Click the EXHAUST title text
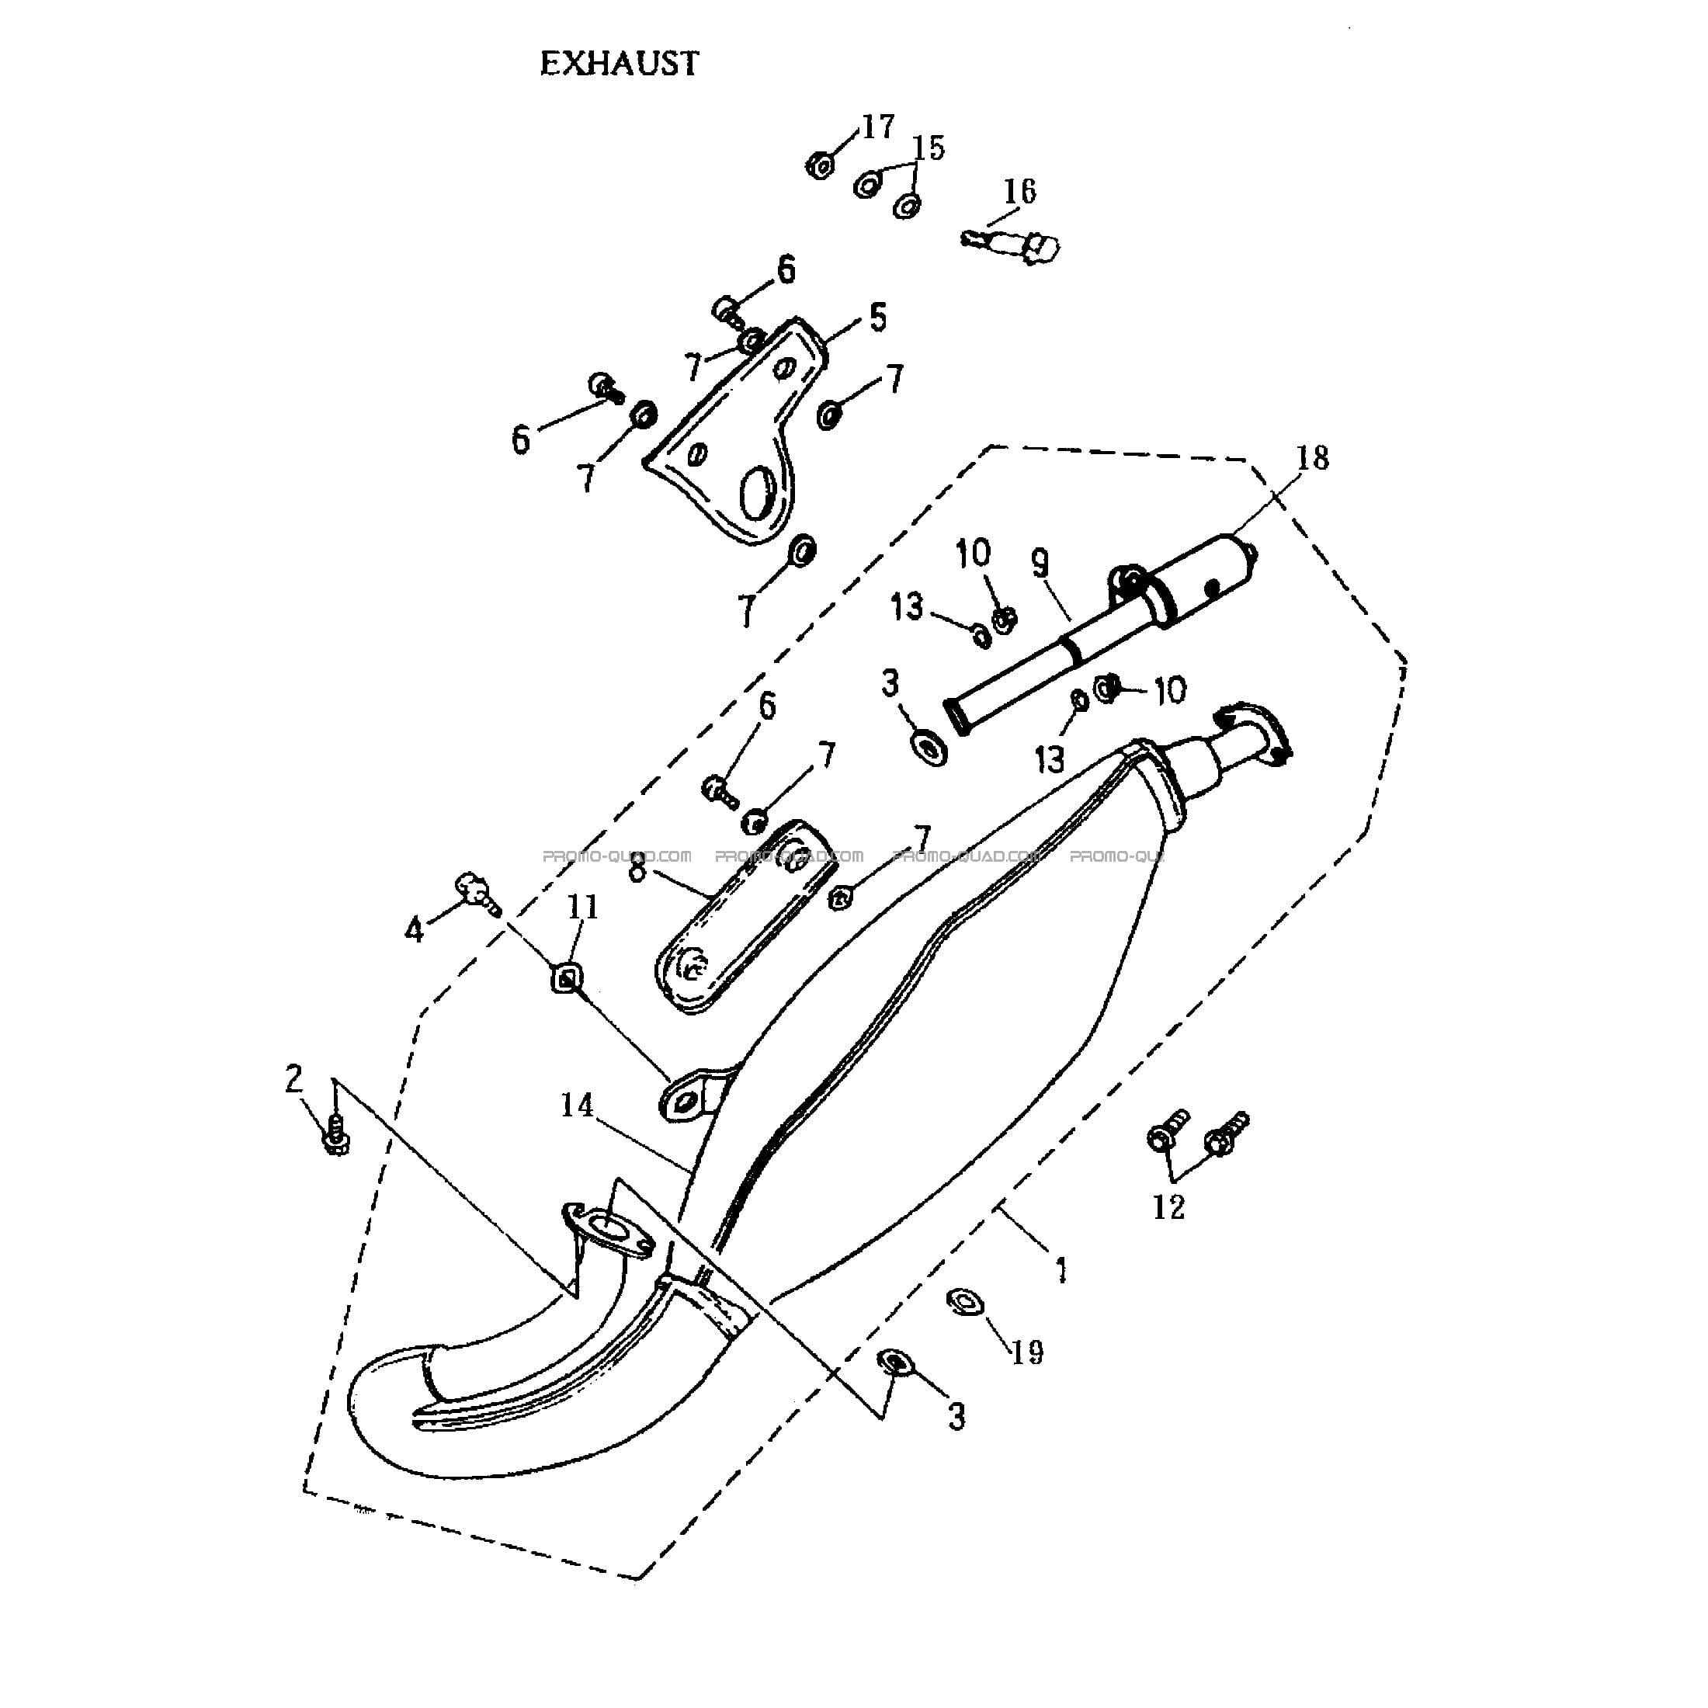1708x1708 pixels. pyautogui.click(x=619, y=63)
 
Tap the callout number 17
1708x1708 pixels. pyautogui.click(x=878, y=127)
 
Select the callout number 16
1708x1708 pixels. pyautogui.click(x=1019, y=190)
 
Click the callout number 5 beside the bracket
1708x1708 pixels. pyautogui.click(x=877, y=318)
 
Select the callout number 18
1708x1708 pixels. pyautogui.click(x=1313, y=458)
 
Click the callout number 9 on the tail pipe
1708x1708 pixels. pyautogui.click(x=1040, y=564)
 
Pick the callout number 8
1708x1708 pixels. pyautogui.click(x=637, y=871)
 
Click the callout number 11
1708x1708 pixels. pyautogui.click(x=582, y=907)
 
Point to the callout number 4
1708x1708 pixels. pyautogui.click(x=415, y=929)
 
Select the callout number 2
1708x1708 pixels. pyautogui.click(x=293, y=1078)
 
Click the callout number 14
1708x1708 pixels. pyautogui.click(x=578, y=1104)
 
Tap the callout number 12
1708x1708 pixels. pyautogui.click(x=1168, y=1206)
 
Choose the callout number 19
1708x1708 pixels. pyautogui.click(x=1027, y=1352)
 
